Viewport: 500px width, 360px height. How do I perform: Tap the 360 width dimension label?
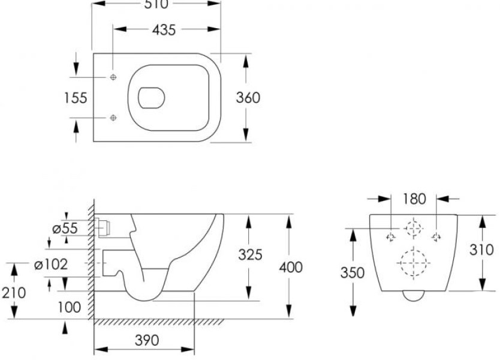pos(248,98)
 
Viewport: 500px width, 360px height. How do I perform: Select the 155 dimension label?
pos(76,98)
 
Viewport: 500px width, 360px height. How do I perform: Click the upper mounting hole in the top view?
pos(114,77)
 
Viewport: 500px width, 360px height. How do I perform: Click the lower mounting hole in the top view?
pos(114,118)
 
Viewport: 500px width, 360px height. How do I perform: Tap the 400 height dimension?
pos(291,267)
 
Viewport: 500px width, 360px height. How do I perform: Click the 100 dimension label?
pos(70,308)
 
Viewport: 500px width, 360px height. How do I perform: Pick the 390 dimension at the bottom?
pos(146,340)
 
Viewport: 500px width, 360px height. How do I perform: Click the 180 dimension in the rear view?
pos(415,199)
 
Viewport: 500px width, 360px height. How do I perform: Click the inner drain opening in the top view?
pos(151,98)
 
